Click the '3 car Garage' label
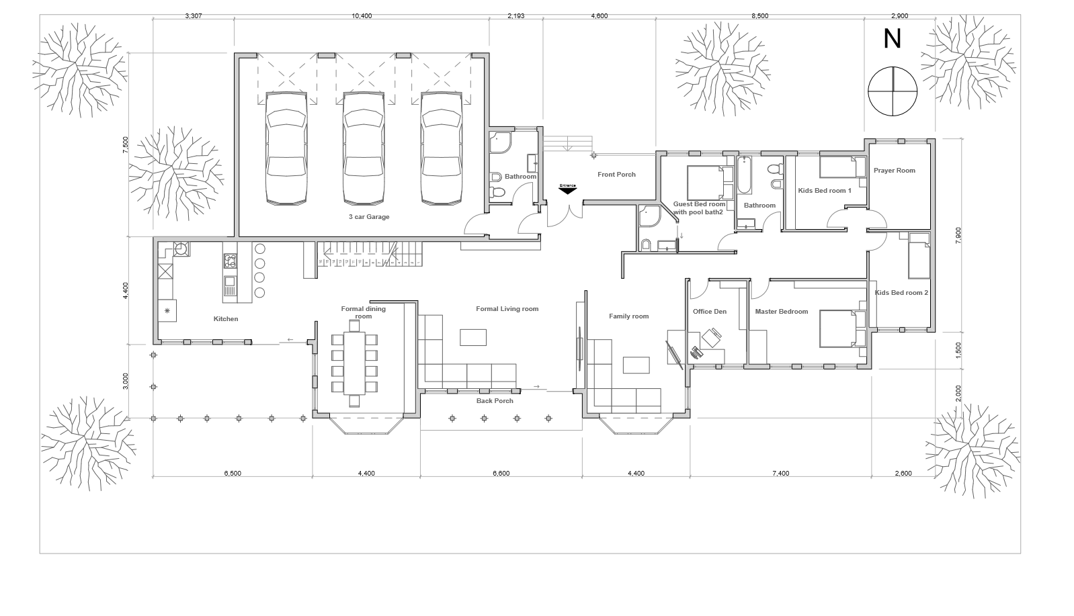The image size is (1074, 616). click(369, 217)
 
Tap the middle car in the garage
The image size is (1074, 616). click(364, 148)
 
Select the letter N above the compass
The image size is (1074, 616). click(893, 39)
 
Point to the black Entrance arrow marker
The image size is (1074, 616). click(567, 190)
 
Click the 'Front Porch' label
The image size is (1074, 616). click(616, 175)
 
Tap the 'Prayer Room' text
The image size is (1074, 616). click(894, 170)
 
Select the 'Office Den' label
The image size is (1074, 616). click(710, 312)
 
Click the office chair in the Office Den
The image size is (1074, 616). click(712, 337)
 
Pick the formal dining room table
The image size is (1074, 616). click(354, 363)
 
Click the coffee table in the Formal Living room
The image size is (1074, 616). click(473, 337)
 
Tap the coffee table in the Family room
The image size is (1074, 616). click(636, 365)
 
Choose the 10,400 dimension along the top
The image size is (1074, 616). click(362, 16)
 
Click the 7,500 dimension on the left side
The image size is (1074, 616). click(126, 145)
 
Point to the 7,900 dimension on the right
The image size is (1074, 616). click(958, 235)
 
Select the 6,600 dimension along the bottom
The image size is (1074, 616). click(501, 473)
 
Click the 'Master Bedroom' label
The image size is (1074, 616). click(782, 312)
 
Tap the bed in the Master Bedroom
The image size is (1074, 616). click(842, 329)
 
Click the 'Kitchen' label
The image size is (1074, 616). click(226, 319)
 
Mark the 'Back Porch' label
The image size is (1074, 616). click(495, 401)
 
